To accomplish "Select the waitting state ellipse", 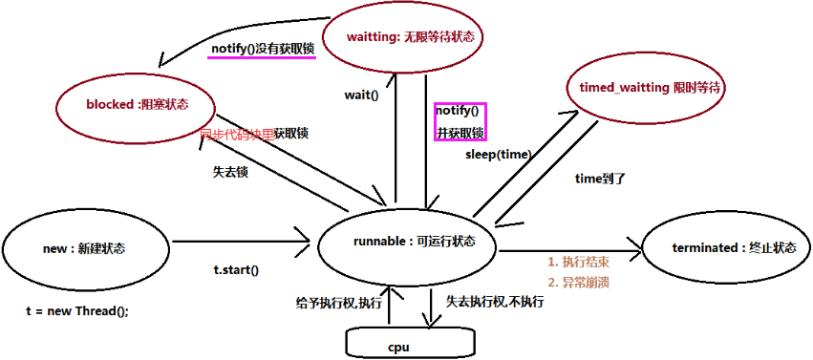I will [x=400, y=38].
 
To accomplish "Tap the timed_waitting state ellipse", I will [x=647, y=87].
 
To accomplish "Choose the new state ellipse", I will [x=84, y=248].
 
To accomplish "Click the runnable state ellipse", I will [x=409, y=242].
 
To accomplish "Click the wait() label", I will [x=361, y=95].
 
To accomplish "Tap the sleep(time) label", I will [x=498, y=154].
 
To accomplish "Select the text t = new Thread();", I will [x=76, y=311].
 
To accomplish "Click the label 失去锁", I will [x=230, y=172].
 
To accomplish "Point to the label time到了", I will [x=600, y=178].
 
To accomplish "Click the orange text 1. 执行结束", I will [x=578, y=262].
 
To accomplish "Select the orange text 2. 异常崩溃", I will [x=578, y=282].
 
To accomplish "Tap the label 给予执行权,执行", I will [x=338, y=303].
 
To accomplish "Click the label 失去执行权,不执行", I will [x=495, y=302].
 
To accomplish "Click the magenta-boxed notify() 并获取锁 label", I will [x=460, y=122].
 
